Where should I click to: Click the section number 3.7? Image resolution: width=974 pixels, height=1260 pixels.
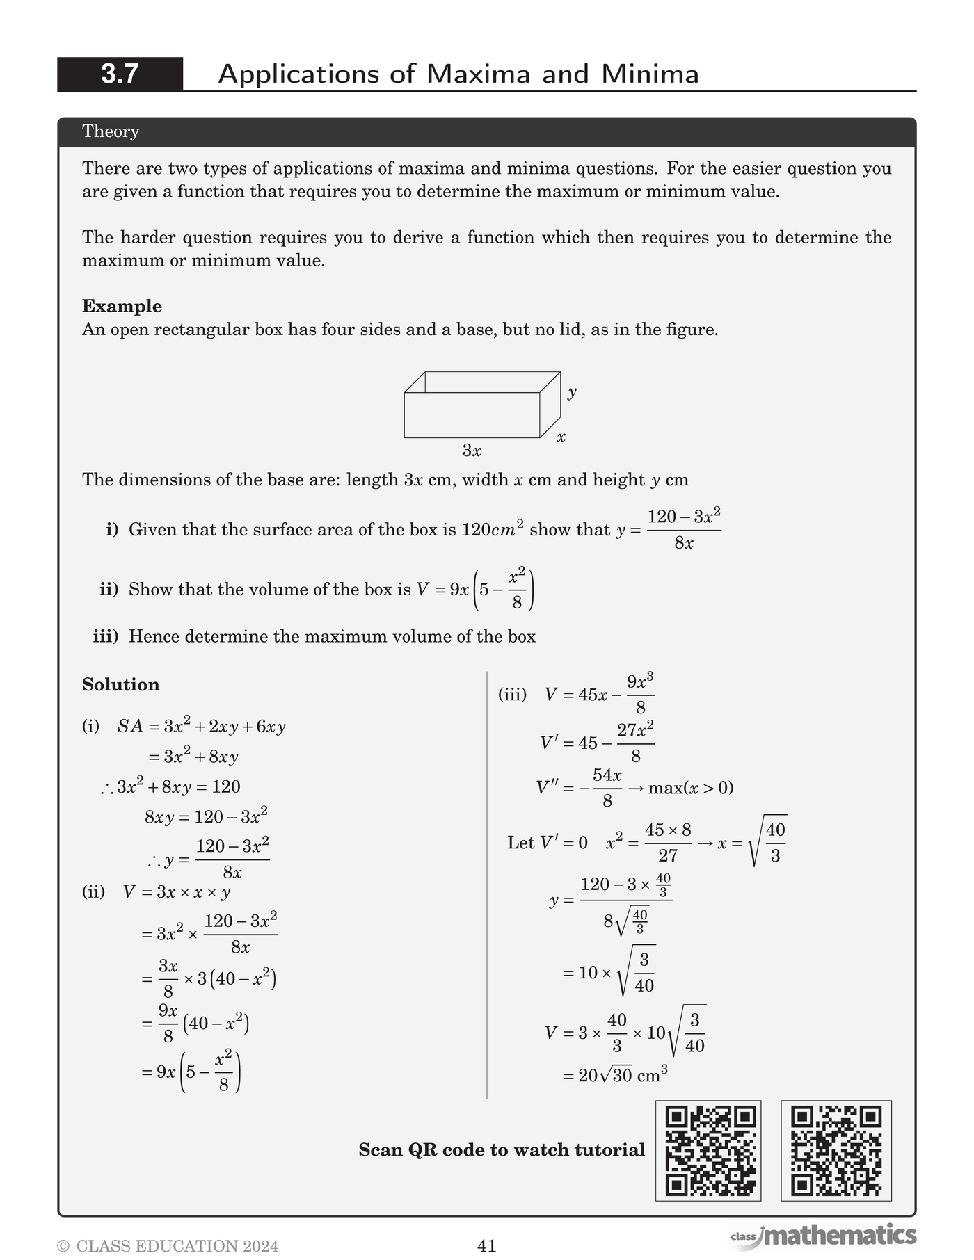(120, 74)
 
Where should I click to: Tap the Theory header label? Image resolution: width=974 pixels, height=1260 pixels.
(111, 131)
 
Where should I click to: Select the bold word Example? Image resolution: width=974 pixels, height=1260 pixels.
(122, 306)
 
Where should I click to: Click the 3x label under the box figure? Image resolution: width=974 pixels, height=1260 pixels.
(472, 451)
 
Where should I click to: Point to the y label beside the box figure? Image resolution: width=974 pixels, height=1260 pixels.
(572, 392)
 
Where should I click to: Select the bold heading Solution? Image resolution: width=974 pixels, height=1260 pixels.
(121, 684)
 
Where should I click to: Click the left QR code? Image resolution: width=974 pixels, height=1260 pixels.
(708, 1150)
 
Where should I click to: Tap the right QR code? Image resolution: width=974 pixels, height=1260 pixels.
(836, 1150)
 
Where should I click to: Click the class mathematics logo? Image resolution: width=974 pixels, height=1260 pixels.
(824, 1236)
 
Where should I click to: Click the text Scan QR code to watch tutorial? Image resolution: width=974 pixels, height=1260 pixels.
(502, 1150)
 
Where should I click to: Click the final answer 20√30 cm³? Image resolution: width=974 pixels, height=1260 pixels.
(615, 1076)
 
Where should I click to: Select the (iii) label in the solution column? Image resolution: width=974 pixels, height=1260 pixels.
(512, 694)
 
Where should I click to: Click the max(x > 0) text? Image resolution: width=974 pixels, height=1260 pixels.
(690, 788)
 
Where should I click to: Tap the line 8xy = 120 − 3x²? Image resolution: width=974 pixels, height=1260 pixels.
(206, 816)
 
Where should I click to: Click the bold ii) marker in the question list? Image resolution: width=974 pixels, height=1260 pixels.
(109, 590)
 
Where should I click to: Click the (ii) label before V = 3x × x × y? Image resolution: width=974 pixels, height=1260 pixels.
(93, 891)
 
